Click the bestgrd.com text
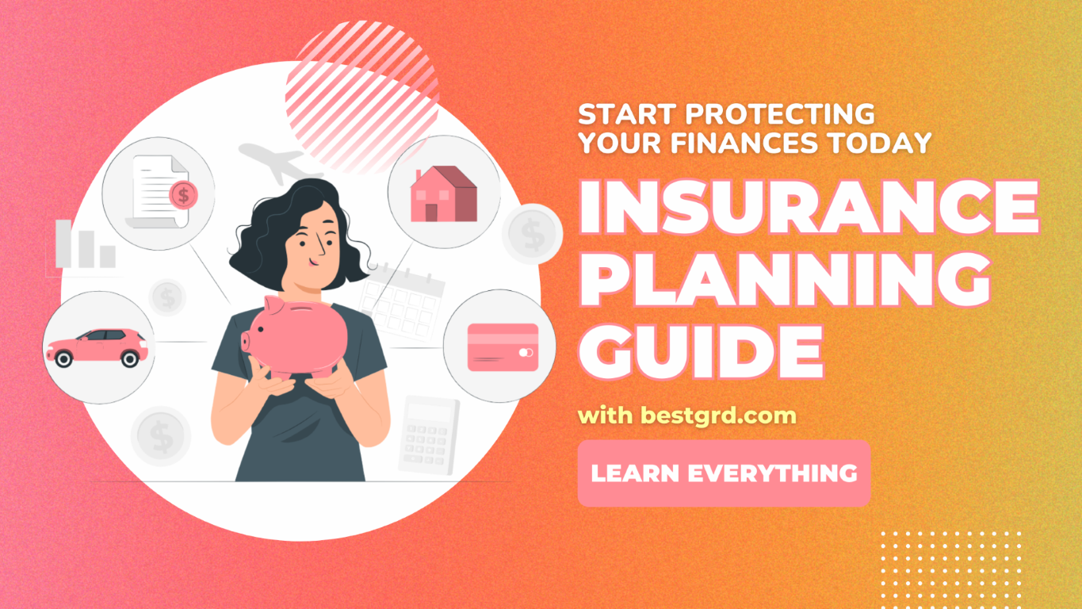(x=719, y=416)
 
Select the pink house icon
(x=443, y=193)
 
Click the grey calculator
(x=428, y=435)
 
